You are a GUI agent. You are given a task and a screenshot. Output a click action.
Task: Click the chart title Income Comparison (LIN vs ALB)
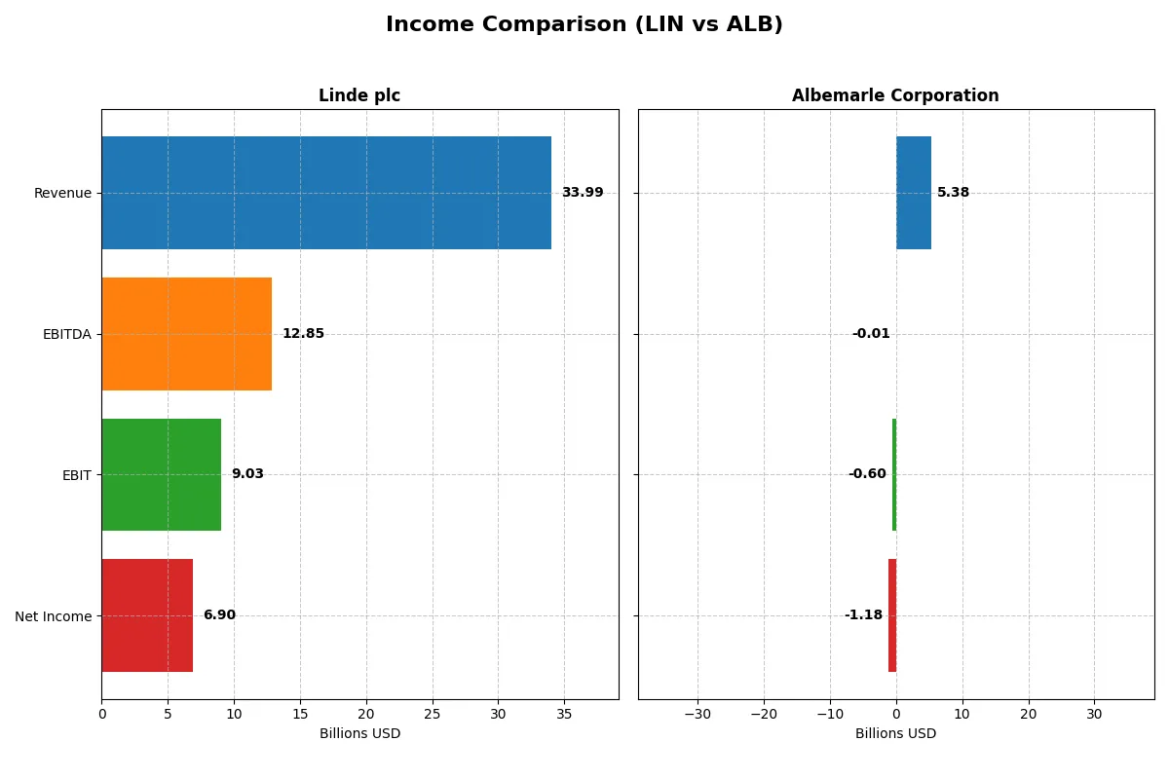click(x=584, y=25)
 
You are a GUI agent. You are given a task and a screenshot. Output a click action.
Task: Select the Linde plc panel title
click(x=359, y=96)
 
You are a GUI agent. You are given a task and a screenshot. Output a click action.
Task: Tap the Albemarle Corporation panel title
click(x=895, y=96)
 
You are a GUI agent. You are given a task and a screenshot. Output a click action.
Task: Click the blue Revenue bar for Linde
click(x=326, y=193)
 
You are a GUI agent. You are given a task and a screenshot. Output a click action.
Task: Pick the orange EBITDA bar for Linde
click(x=186, y=334)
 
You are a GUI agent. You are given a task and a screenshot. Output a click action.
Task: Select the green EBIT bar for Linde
click(x=161, y=474)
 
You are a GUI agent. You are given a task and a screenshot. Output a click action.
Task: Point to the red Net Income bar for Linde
click(x=147, y=615)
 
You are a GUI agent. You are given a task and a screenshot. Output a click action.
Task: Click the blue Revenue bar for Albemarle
click(x=914, y=193)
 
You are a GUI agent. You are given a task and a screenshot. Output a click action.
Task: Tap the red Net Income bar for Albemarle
click(x=892, y=615)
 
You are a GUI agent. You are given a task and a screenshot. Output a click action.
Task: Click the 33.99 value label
click(x=583, y=193)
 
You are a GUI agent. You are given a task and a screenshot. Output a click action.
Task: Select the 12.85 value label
click(x=303, y=334)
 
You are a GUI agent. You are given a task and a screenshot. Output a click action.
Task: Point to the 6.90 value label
click(x=219, y=615)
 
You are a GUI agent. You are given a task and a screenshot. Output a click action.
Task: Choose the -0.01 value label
click(x=871, y=334)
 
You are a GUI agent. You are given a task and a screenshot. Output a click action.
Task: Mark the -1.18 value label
click(x=863, y=615)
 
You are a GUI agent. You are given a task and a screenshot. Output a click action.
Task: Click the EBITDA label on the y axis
click(x=67, y=334)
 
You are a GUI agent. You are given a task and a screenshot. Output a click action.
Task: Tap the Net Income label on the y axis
click(x=54, y=615)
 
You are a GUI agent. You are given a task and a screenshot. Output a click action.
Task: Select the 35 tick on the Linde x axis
click(x=564, y=714)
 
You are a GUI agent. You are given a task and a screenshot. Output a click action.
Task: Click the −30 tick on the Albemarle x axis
click(x=698, y=714)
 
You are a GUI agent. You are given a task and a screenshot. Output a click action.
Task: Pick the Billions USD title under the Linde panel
click(x=359, y=734)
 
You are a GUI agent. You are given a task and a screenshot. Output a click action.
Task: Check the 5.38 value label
click(x=954, y=193)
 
